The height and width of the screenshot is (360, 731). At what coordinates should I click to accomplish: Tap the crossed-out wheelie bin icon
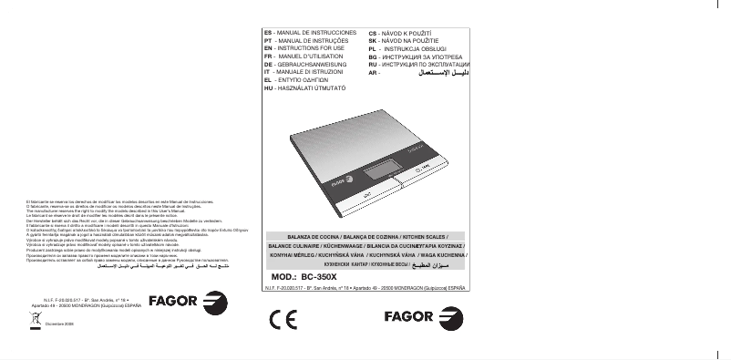[x=34, y=319]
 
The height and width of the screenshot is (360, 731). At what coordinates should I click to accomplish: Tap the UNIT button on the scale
[x=364, y=194]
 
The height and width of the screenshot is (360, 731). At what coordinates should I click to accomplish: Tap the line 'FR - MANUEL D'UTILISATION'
[x=306, y=57]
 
